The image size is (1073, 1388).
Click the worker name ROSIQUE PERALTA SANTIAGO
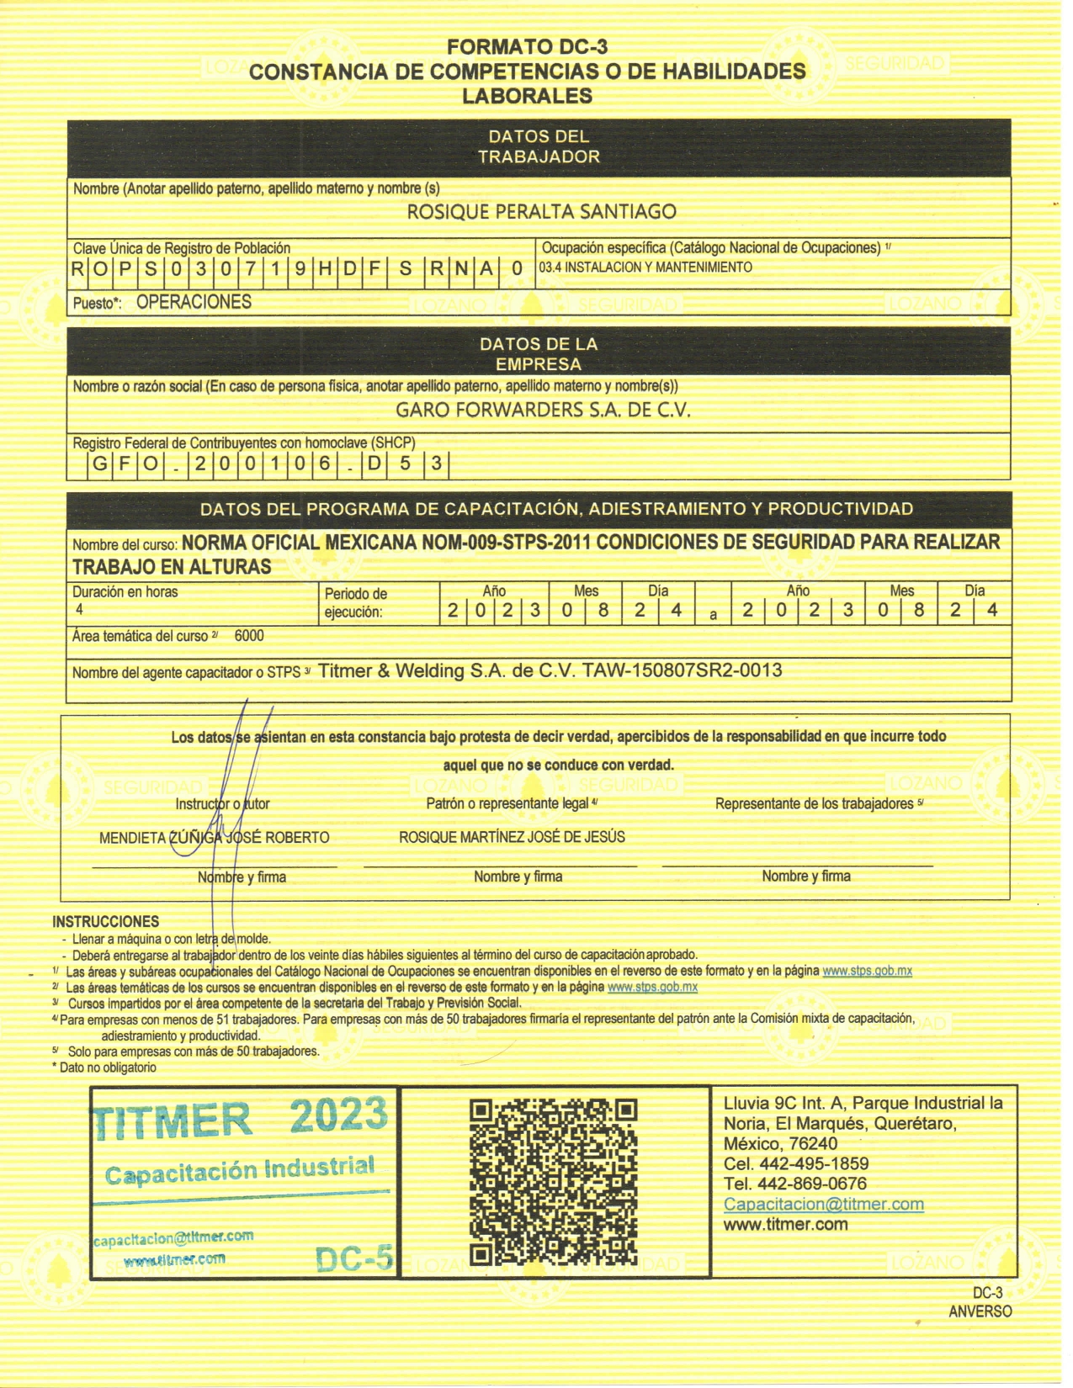click(x=541, y=212)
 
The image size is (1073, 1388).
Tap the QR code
click(x=553, y=1182)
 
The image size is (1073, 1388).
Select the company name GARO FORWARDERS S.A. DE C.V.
click(x=543, y=411)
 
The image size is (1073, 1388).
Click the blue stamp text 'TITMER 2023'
click(x=241, y=1118)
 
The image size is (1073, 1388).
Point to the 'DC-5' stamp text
click(x=354, y=1258)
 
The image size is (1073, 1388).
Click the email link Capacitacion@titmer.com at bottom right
click(x=823, y=1205)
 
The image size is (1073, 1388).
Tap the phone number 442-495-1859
click(x=814, y=1164)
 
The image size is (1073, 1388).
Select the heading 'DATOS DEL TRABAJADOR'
click(x=539, y=146)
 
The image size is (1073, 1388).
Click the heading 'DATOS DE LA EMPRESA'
click(x=539, y=354)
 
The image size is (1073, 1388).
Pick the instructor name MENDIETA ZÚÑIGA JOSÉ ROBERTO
click(x=215, y=838)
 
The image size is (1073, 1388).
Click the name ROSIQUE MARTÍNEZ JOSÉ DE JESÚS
click(x=512, y=837)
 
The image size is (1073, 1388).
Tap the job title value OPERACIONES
click(x=194, y=302)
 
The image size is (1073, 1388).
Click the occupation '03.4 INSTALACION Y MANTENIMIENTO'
click(x=645, y=268)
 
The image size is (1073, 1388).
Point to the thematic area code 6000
click(x=249, y=636)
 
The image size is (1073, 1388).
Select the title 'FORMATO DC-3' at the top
click(x=527, y=47)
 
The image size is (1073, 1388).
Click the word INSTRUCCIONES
click(x=105, y=921)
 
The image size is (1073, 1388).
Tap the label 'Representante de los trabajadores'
click(x=814, y=804)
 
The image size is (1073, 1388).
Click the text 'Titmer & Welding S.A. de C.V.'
click(x=447, y=671)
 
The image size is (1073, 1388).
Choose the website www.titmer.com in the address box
click(x=785, y=1225)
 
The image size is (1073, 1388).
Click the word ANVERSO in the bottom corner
click(x=980, y=1311)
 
